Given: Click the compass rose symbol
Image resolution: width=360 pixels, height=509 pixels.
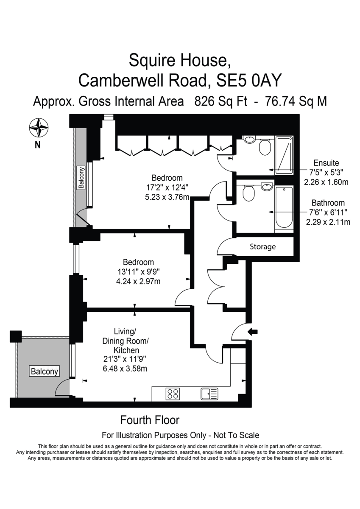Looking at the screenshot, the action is (x=39, y=128).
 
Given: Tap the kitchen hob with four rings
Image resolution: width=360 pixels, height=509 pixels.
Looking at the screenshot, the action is (x=173, y=394).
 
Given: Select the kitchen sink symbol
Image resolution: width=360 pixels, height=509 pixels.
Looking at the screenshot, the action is (x=209, y=394).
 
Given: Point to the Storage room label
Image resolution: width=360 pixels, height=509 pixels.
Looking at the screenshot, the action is (x=263, y=246).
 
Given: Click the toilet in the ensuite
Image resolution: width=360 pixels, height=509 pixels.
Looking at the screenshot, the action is (x=265, y=147).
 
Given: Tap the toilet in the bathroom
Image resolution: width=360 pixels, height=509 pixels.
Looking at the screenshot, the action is (x=249, y=193).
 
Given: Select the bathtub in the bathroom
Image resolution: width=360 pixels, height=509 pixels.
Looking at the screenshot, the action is (x=284, y=207).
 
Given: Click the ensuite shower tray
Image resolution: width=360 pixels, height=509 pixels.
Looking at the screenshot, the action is (x=284, y=155).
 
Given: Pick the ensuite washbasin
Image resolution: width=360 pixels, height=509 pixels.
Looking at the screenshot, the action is (x=250, y=139).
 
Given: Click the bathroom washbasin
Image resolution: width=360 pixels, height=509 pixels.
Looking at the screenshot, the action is (x=267, y=187).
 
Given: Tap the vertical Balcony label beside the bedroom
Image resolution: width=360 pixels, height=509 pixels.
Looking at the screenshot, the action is (x=81, y=177).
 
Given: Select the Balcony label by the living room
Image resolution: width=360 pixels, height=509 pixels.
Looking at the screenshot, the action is (x=45, y=371).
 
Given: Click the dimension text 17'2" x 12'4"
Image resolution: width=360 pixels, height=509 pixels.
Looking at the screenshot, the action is (x=167, y=187).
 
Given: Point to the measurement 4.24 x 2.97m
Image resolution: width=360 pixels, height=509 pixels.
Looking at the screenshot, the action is (x=138, y=282).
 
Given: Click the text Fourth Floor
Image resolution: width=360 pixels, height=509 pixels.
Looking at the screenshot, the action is (x=150, y=420).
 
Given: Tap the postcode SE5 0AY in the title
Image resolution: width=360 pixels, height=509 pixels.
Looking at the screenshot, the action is (x=249, y=80).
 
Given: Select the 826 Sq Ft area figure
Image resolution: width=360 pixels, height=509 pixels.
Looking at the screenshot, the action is (x=221, y=101).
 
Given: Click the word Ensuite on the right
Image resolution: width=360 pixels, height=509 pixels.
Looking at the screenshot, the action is (x=326, y=163).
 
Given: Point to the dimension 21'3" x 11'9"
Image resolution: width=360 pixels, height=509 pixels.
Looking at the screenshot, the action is (x=125, y=359).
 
